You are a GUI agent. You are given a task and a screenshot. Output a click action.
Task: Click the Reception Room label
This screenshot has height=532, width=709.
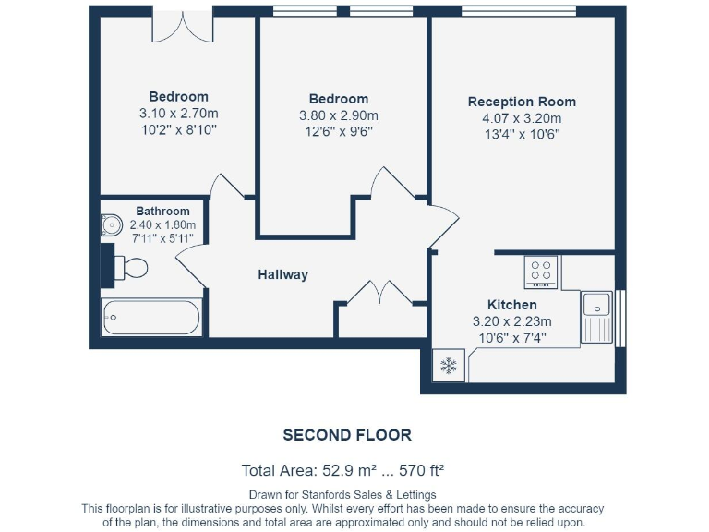(x=522, y=102)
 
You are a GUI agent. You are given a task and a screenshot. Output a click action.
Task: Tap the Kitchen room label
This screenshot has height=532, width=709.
(x=511, y=305)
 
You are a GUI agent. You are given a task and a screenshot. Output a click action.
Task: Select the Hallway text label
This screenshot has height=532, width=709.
(x=282, y=274)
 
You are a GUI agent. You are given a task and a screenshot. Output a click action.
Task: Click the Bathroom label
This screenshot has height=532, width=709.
(x=162, y=211)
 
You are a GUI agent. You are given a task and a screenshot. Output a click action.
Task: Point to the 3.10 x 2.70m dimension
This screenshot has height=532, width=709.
(x=178, y=113)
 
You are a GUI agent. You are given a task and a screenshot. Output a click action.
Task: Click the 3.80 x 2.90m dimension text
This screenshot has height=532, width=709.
(x=338, y=115)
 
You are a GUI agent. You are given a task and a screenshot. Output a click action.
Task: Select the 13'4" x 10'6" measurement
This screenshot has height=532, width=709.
(x=522, y=134)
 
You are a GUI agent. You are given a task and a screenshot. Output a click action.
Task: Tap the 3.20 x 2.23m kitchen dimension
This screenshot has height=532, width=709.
(x=511, y=321)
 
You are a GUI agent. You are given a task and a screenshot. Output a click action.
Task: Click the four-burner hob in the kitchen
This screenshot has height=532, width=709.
(x=541, y=272)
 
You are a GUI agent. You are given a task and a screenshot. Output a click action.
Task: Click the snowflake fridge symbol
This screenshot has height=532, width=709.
(x=449, y=367)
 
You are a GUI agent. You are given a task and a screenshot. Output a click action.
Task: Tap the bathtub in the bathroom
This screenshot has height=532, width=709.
(x=151, y=317)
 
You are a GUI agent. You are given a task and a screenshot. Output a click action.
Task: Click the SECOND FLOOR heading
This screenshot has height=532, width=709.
(x=347, y=435)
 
